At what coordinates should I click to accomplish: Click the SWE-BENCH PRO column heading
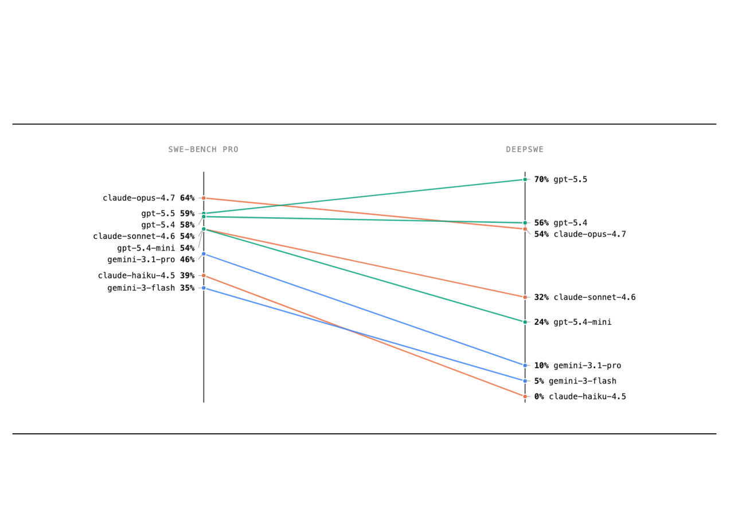203,150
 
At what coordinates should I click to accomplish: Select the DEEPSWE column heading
525,150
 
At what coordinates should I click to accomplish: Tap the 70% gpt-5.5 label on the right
561,179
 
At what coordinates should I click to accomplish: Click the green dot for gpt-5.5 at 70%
525,179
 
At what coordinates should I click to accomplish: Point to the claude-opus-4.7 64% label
149,198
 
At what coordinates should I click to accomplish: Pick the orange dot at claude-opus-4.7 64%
204,198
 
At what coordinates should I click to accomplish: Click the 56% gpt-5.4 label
561,223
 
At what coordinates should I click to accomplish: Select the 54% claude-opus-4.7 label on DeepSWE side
580,234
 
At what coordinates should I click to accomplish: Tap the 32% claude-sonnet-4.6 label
585,297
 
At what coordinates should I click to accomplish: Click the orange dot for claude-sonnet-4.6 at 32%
525,297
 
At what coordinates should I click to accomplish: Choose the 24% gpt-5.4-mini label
573,322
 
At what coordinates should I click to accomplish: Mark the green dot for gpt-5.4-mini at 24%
525,322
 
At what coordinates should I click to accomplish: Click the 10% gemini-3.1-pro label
577,366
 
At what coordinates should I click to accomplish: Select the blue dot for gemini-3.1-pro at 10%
525,366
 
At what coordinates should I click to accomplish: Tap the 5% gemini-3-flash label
575,381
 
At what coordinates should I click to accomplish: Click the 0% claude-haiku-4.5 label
580,397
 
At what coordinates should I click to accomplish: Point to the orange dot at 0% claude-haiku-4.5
525,397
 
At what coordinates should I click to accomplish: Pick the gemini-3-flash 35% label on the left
151,288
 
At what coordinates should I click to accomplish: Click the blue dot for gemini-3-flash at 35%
204,288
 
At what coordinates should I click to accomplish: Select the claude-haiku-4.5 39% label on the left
146,276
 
